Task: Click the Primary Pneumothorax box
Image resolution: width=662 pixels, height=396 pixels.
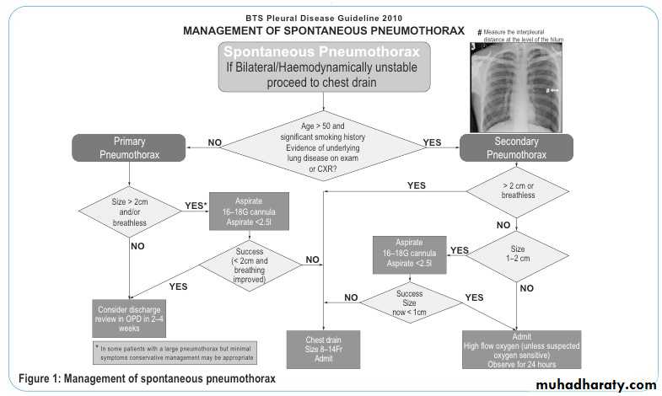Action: tap(129, 148)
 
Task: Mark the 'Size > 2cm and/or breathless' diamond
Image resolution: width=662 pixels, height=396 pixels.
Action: tap(128, 211)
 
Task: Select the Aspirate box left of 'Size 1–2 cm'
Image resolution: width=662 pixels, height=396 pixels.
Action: tap(411, 254)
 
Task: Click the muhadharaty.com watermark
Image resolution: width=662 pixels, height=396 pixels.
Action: tap(595, 383)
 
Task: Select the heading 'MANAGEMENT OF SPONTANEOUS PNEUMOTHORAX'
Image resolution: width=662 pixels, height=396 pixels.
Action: tap(324, 30)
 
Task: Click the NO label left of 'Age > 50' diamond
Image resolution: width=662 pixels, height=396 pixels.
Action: tap(214, 142)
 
